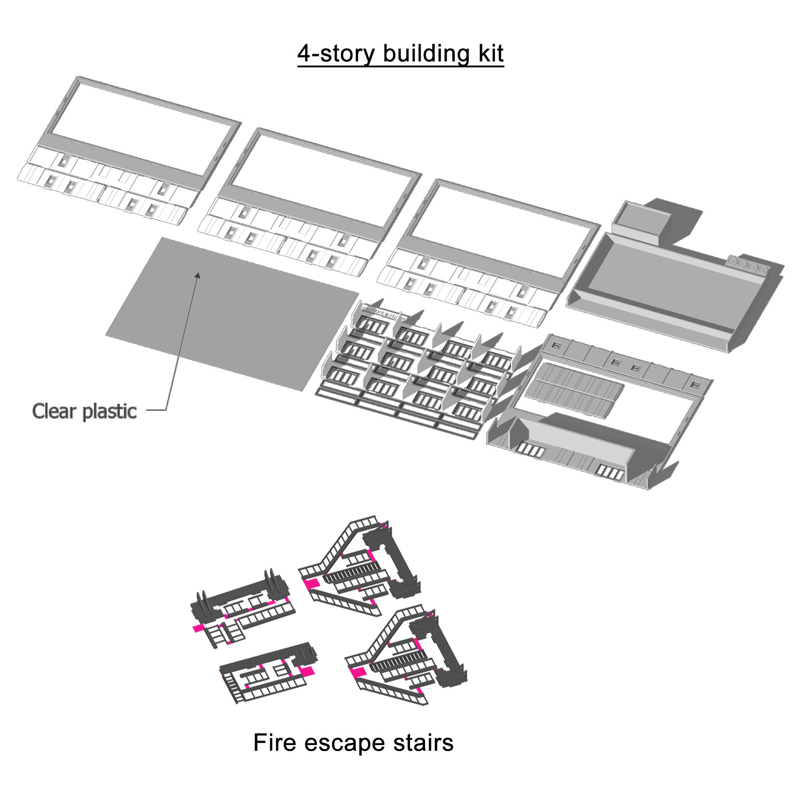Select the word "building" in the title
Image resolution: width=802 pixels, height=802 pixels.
(427, 54)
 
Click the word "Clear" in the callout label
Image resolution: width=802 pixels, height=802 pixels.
(54, 411)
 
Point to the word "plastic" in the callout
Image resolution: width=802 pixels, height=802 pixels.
(109, 411)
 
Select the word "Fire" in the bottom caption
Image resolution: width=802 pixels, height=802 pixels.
(274, 743)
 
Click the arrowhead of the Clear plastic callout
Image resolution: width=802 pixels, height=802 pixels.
(198, 275)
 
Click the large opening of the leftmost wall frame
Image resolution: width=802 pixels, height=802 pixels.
(141, 129)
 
